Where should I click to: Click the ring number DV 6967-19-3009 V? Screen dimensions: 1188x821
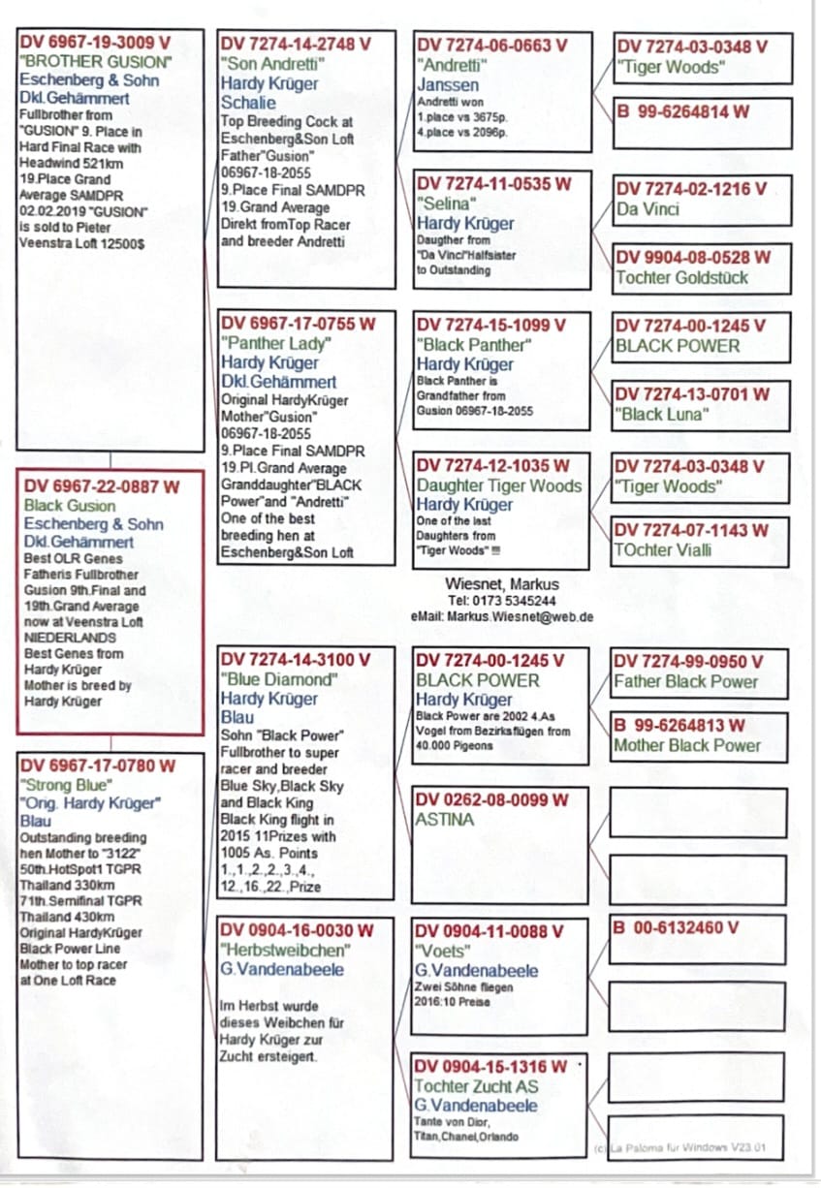click(95, 43)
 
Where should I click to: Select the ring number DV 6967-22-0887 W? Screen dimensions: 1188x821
click(101, 486)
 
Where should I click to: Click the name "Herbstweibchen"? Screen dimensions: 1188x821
click(285, 950)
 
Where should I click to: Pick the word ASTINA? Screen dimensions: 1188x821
click(445, 820)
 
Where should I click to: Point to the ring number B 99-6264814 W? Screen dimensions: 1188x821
click(682, 111)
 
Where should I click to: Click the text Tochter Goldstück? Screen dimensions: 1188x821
click(681, 278)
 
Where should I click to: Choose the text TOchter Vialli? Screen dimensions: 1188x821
click(663, 550)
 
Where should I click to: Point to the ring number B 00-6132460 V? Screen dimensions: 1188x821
click(677, 927)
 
